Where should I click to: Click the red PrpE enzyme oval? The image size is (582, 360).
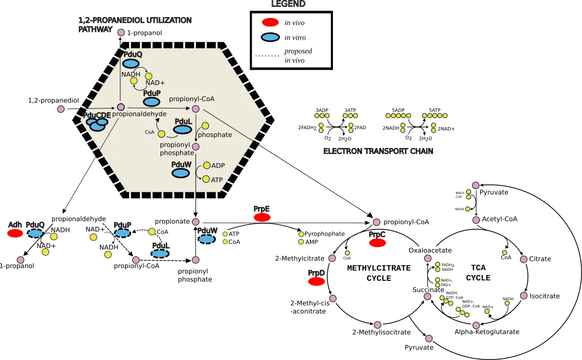pos(262,217)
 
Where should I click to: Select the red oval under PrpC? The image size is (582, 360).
pos(377,243)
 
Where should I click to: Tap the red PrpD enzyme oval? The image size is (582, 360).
pos(317,281)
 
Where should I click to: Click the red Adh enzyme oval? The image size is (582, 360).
pos(15,233)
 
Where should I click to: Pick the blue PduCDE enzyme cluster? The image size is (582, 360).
pos(97,124)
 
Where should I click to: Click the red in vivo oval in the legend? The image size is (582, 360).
pos(270,22)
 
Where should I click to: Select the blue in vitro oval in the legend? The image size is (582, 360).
pos(270,37)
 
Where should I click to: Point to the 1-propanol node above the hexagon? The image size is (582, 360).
pos(121,33)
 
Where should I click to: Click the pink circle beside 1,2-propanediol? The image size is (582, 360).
pos(61,109)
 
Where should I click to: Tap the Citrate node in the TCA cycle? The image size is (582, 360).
pos(524,259)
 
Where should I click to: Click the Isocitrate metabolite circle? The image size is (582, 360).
pos(524,296)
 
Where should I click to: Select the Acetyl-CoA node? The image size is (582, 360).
pos(476,220)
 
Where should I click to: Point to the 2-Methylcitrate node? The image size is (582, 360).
pos(332,258)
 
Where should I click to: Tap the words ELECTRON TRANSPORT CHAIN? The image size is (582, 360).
pos(378,151)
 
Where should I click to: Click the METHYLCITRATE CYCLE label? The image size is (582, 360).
pos(379,273)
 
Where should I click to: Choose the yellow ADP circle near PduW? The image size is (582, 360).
pos(207,165)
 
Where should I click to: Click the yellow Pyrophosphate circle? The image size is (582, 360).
pos(301,234)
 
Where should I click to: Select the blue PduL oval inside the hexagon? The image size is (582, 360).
pos(183,130)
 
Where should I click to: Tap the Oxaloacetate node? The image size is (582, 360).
pos(428,258)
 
